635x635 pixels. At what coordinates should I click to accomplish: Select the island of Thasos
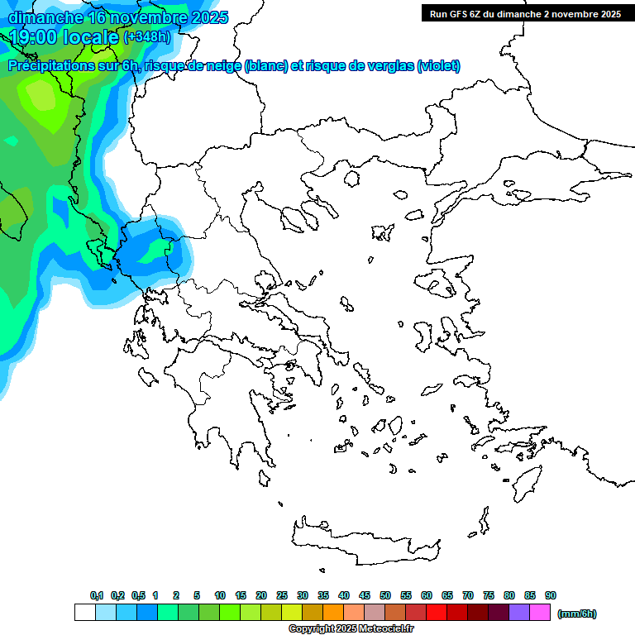351,178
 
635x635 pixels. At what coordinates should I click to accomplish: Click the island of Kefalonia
149,377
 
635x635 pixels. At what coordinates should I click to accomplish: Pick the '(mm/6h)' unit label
576,614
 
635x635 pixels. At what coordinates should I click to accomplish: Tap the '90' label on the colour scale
551,595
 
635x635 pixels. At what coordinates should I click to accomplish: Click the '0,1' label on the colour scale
97,595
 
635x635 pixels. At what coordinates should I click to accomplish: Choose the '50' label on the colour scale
385,595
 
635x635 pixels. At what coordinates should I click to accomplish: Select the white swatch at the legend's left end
84,613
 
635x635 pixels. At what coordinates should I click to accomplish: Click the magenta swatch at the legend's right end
540,613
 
